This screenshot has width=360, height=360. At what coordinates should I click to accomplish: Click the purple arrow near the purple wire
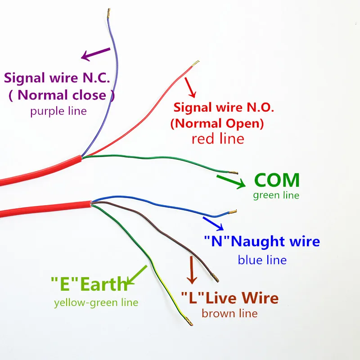click(x=95, y=54)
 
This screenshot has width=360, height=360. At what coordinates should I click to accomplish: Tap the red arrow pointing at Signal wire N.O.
click(x=191, y=88)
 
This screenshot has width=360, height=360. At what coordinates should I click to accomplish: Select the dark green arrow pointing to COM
click(x=231, y=180)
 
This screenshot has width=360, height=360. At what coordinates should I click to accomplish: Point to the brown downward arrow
click(x=192, y=270)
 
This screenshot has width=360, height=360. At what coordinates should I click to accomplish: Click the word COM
click(x=277, y=180)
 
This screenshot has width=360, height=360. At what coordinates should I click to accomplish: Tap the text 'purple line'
click(x=58, y=111)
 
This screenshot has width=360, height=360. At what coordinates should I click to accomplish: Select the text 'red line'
click(x=218, y=138)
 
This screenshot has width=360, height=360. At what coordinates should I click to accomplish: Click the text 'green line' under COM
click(x=276, y=195)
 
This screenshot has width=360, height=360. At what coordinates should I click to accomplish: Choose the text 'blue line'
click(x=262, y=260)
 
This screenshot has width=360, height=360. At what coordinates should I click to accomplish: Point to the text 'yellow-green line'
click(x=96, y=302)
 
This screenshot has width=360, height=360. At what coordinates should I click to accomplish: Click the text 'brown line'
click(x=229, y=313)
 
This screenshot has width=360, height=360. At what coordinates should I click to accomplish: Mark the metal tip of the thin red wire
click(x=195, y=63)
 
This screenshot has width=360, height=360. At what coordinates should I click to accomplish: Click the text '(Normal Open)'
click(x=217, y=123)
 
